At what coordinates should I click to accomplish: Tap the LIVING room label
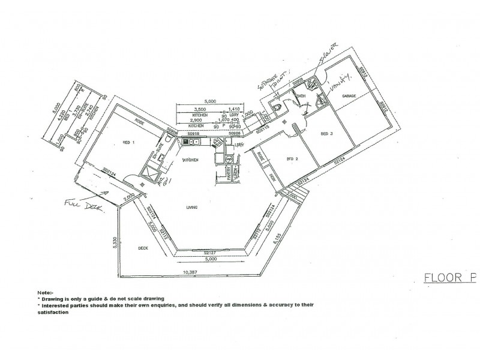[192, 207]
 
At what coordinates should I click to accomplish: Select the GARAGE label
[349, 96]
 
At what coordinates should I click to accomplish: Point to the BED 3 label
[327, 133]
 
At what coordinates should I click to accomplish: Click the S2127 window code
[209, 253]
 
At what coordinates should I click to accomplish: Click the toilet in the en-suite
[172, 140]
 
